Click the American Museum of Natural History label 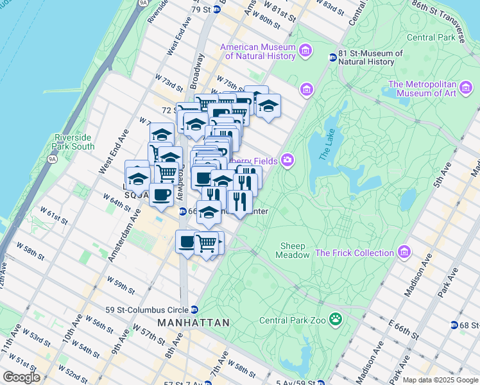[257, 52]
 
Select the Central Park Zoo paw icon [335, 319]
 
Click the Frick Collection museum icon [404, 252]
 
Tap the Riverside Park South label [74, 142]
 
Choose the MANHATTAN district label [193, 323]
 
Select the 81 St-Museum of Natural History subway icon [333, 57]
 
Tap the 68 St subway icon [454, 326]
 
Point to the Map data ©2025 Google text [440, 380]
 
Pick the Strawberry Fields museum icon [287, 160]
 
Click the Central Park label [429, 38]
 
